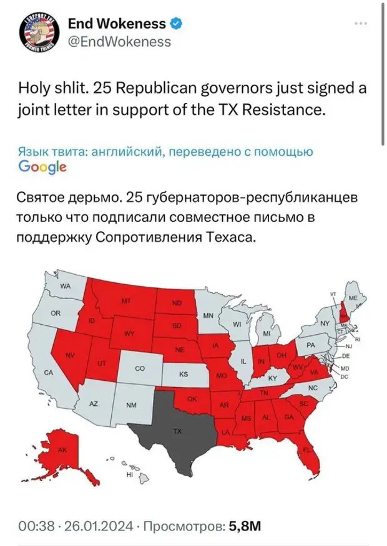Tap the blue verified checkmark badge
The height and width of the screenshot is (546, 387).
tap(177, 24)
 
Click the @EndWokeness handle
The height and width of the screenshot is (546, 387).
tap(119, 42)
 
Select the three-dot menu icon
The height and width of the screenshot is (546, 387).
tap(360, 24)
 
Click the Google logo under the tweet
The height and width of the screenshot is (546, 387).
tap(42, 166)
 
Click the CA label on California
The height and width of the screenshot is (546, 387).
tap(48, 372)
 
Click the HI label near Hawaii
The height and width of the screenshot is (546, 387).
tap(130, 475)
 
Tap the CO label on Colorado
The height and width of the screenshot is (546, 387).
tap(139, 369)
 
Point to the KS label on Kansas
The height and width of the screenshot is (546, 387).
tap(184, 375)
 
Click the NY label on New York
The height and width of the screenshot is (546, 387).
tap(324, 323)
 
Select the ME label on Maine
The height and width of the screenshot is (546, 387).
tap(353, 299)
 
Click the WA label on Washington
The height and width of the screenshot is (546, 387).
tap(66, 286)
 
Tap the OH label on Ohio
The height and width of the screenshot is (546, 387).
tap(282, 355)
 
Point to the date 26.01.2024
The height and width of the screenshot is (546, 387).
tap(98, 527)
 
